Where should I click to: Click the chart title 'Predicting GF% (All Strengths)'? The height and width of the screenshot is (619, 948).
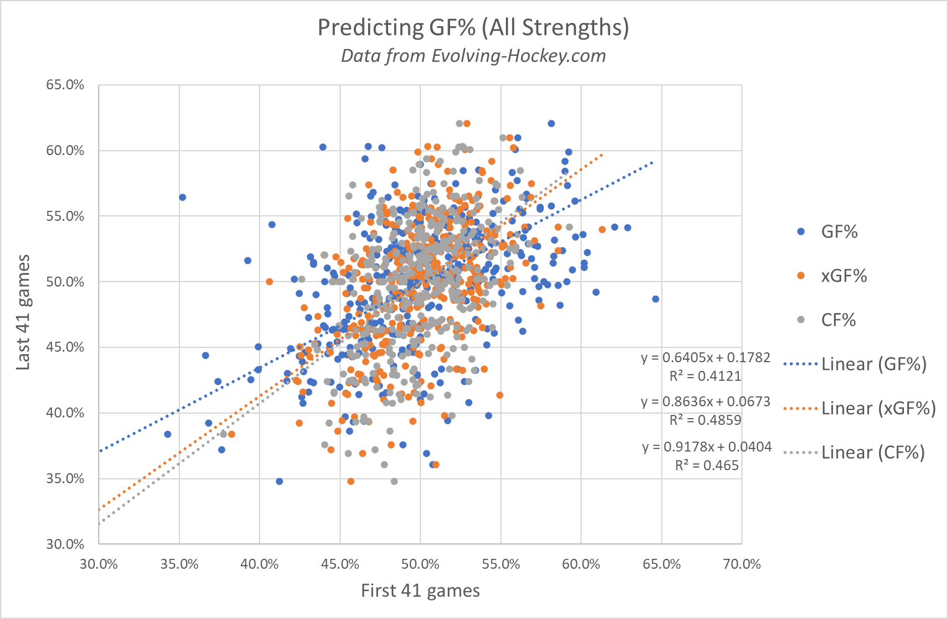pos(473,28)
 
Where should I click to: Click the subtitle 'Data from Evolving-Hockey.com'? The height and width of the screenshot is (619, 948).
pos(473,56)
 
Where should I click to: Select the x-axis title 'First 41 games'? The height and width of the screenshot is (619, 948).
pos(420,590)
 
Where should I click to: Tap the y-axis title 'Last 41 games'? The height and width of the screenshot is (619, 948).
pos(23,312)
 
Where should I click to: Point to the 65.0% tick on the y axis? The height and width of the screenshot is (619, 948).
pos(65,85)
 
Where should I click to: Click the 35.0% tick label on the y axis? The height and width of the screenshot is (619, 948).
pos(65,478)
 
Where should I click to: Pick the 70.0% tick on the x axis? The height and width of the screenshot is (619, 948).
pos(741,564)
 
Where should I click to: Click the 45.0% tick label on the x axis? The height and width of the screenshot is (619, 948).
pos(340,564)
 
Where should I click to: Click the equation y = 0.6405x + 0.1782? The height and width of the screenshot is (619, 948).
pos(705,358)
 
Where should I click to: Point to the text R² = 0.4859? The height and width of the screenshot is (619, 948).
pos(705,420)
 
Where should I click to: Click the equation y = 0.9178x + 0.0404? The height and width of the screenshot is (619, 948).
pos(706,447)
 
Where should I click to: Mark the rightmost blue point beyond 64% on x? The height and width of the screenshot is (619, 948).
pos(656,299)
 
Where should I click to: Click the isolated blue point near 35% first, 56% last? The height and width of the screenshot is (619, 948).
pos(183,197)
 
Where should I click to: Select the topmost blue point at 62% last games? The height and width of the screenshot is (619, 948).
pos(551,123)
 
